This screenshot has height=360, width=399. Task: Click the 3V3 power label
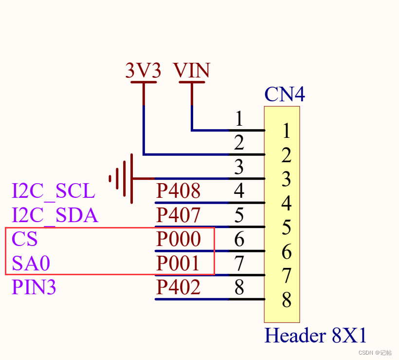click(x=143, y=70)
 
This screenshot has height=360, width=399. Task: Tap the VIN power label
click(x=191, y=70)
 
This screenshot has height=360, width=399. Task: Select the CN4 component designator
click(x=285, y=94)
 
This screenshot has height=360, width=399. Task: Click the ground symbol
click(x=121, y=179)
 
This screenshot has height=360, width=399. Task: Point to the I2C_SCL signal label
click(x=54, y=191)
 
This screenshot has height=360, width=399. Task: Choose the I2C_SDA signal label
click(x=55, y=215)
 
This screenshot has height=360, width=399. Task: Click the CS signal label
click(x=25, y=239)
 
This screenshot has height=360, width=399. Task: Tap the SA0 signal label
click(x=31, y=263)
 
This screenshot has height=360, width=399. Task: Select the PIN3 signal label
click(x=34, y=287)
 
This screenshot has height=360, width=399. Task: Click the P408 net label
click(x=179, y=190)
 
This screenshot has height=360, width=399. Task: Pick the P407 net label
click(x=179, y=215)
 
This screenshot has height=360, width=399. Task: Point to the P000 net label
click(x=179, y=239)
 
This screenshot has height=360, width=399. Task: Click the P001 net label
click(x=178, y=263)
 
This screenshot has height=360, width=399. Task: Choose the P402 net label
click(x=179, y=287)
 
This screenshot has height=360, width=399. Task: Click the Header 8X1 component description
click(x=315, y=335)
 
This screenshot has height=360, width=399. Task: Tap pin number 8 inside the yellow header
click(x=287, y=300)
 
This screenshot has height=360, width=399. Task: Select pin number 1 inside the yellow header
click(x=287, y=131)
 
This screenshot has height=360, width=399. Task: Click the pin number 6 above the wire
click(x=239, y=239)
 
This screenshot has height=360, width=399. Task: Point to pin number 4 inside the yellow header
click(x=287, y=203)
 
